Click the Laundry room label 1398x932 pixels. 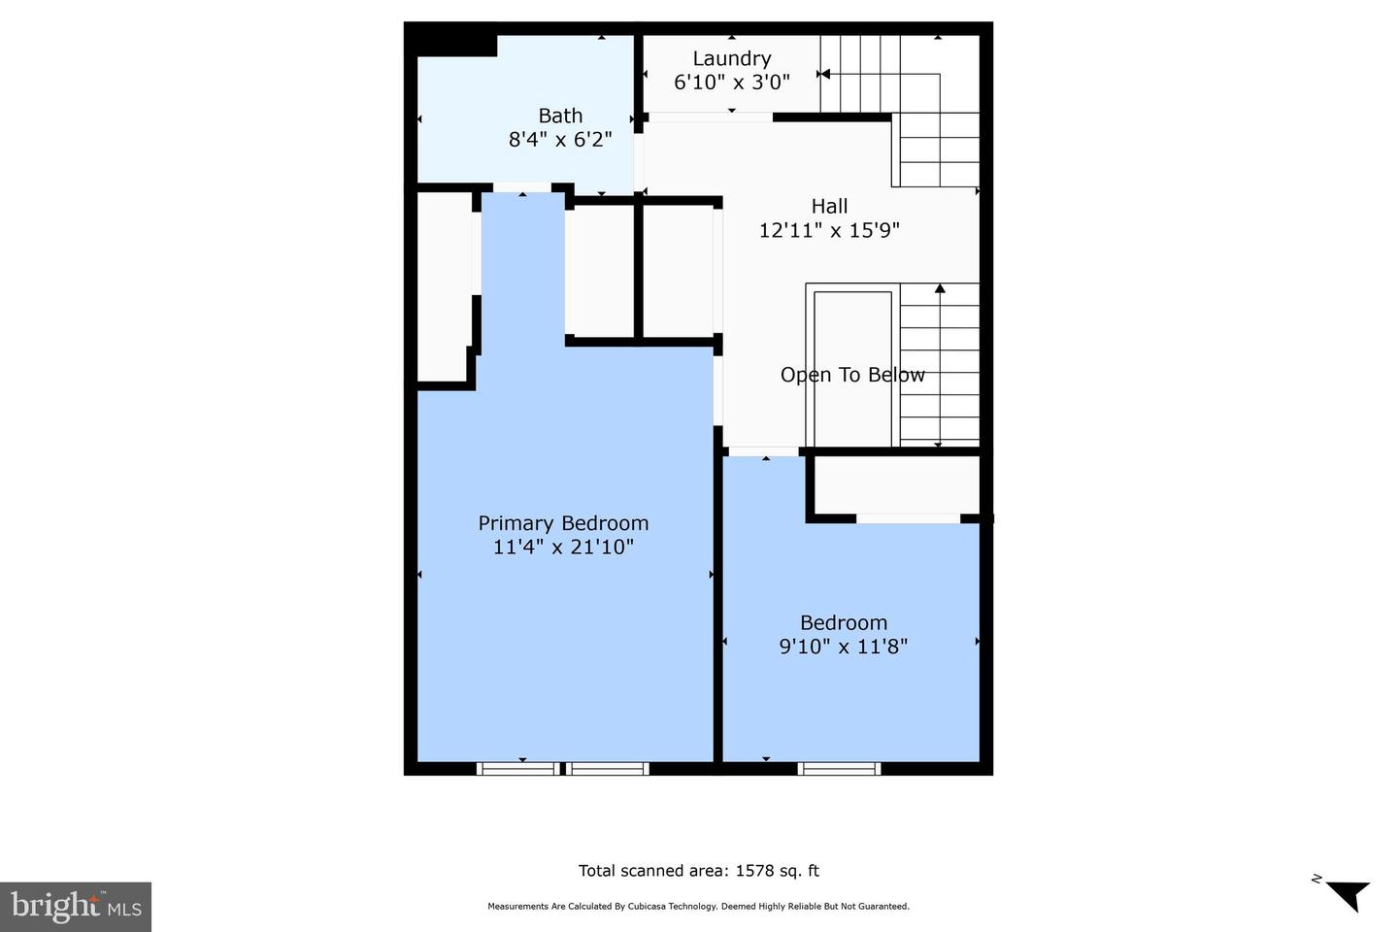point(731,59)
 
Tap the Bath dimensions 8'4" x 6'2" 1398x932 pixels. point(560,140)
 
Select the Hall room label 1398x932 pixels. point(829,207)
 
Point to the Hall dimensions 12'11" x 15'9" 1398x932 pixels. point(829,231)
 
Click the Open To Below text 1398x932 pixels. point(852,375)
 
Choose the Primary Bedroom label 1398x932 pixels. point(563,523)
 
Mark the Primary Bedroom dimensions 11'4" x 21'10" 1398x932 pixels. point(563,548)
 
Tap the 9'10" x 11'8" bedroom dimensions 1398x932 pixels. point(843,647)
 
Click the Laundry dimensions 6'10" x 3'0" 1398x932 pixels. point(731,83)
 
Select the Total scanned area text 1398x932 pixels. point(699,871)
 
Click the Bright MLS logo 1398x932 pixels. point(76,907)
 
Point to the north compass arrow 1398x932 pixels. point(1346,892)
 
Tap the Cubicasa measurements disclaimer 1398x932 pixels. point(698,907)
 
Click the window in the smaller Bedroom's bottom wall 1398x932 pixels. point(840,768)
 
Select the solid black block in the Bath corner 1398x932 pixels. point(450,41)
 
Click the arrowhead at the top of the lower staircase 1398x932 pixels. point(940,288)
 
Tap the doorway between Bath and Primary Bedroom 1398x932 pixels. point(522,187)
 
